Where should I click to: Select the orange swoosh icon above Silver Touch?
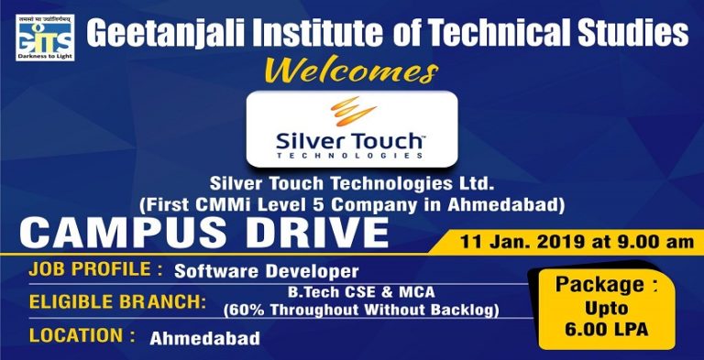tap(351, 112)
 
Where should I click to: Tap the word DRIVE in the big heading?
tap(299, 233)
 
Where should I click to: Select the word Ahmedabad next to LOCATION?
tap(204, 337)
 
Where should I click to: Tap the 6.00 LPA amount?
tap(606, 330)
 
